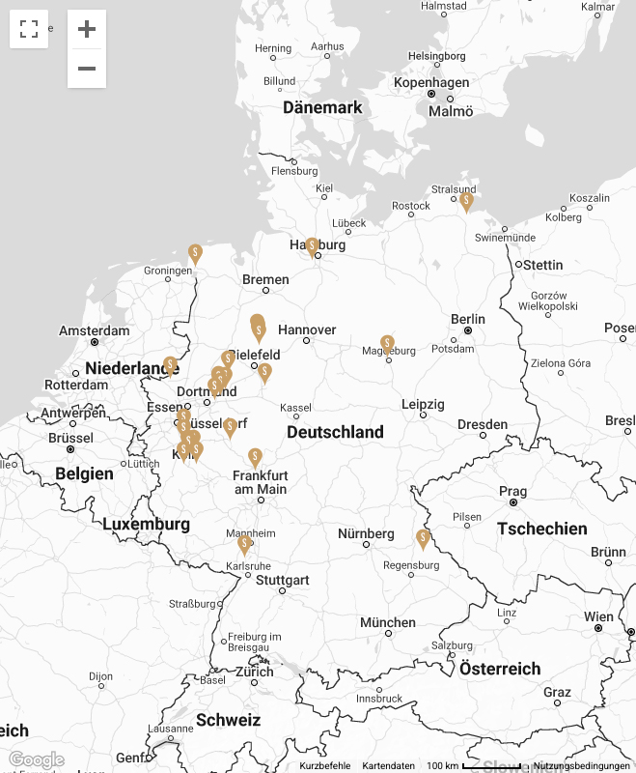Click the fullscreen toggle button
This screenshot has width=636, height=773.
pos(29,29)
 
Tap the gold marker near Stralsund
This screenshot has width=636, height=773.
pos(466,201)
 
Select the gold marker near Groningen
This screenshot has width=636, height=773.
pos(195,253)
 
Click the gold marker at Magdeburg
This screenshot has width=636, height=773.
pos(387,344)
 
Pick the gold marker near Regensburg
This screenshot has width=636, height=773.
pos(423,538)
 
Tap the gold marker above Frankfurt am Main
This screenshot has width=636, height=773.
pos(256,457)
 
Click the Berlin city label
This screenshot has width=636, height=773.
pos(468,319)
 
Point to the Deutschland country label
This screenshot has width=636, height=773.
pos(335,432)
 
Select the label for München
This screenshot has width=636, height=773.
pos(388,622)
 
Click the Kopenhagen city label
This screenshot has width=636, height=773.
pos(430,83)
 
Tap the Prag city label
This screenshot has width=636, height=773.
pos(512,492)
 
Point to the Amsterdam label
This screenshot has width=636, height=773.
pos(94,330)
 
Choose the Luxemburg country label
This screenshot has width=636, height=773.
pos(146,524)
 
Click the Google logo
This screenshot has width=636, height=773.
pos(36,759)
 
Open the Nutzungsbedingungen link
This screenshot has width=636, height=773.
pos(584,765)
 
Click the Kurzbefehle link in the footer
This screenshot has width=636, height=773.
pos(324,765)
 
